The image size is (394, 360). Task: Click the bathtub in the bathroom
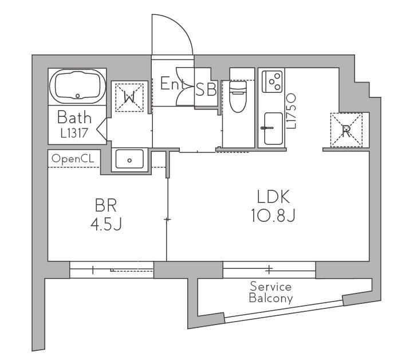coord(77,86)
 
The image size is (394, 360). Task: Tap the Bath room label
coord(74,118)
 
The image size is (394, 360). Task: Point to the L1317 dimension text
coord(74,133)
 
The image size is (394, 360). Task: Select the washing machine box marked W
coord(129,97)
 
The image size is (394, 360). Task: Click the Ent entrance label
coord(172,84)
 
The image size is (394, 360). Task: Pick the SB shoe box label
coord(206,89)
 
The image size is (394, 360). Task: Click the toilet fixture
coord(238,97)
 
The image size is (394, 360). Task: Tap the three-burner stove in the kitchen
coord(272,81)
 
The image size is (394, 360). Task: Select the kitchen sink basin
coord(273,128)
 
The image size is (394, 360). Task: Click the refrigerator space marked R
coord(346,130)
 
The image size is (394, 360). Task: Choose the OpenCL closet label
coord(73,159)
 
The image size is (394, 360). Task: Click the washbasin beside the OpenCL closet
coord(129,159)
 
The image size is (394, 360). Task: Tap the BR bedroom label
coord(106,205)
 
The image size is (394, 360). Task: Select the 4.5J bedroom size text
coord(106,224)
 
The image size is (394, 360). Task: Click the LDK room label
coord(273,197)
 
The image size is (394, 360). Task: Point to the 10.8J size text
coord(273,216)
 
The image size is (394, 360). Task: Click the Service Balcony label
coord(271,292)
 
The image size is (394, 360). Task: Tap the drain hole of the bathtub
coord(78,96)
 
